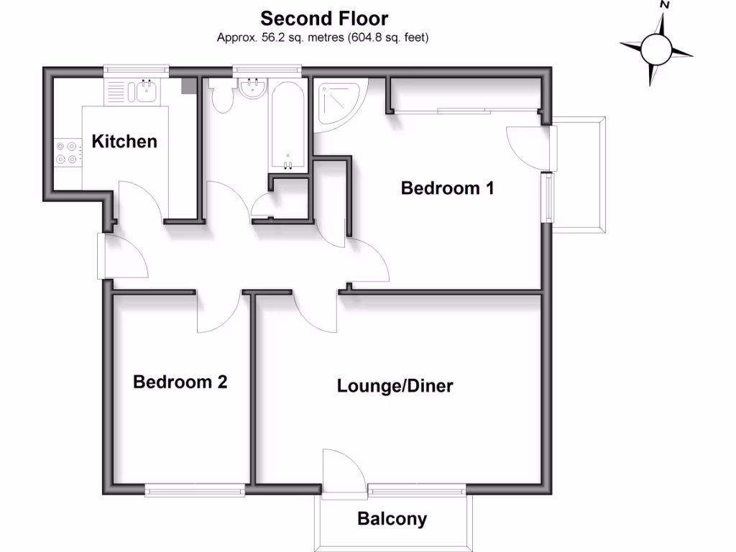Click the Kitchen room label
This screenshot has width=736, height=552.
124,142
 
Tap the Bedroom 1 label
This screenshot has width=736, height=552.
447,188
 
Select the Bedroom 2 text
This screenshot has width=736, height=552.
180,382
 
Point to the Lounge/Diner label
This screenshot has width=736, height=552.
395,386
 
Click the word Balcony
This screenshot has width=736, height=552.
392,519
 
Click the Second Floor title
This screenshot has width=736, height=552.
324,19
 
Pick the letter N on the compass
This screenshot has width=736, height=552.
664,5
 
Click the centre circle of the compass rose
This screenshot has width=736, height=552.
656,50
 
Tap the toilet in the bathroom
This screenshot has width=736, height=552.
221,96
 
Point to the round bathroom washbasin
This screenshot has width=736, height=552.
253,88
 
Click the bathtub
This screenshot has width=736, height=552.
288,126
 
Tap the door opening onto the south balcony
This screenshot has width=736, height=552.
344,471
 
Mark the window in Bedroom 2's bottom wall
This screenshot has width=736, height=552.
195,490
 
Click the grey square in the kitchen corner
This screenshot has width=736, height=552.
190,86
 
